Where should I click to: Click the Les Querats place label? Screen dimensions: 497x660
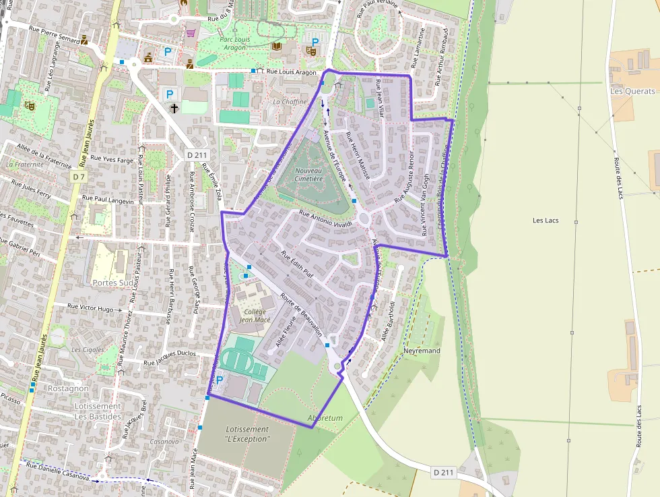click(632, 91)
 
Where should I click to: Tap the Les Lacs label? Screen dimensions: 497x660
click(546, 221)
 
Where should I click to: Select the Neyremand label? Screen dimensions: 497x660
click(422, 351)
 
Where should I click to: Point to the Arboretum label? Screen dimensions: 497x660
click(325, 418)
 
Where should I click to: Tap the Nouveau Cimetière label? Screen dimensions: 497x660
click(309, 175)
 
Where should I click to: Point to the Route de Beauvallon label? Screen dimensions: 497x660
click(301, 316)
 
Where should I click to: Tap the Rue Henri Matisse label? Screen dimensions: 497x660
click(358, 156)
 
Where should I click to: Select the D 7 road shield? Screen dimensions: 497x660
click(79, 177)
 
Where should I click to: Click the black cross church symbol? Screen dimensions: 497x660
click(174, 107)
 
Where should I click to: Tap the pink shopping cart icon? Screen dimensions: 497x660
click(191, 32)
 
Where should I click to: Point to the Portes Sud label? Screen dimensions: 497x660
click(113, 283)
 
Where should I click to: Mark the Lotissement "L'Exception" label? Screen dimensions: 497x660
click(247, 434)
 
